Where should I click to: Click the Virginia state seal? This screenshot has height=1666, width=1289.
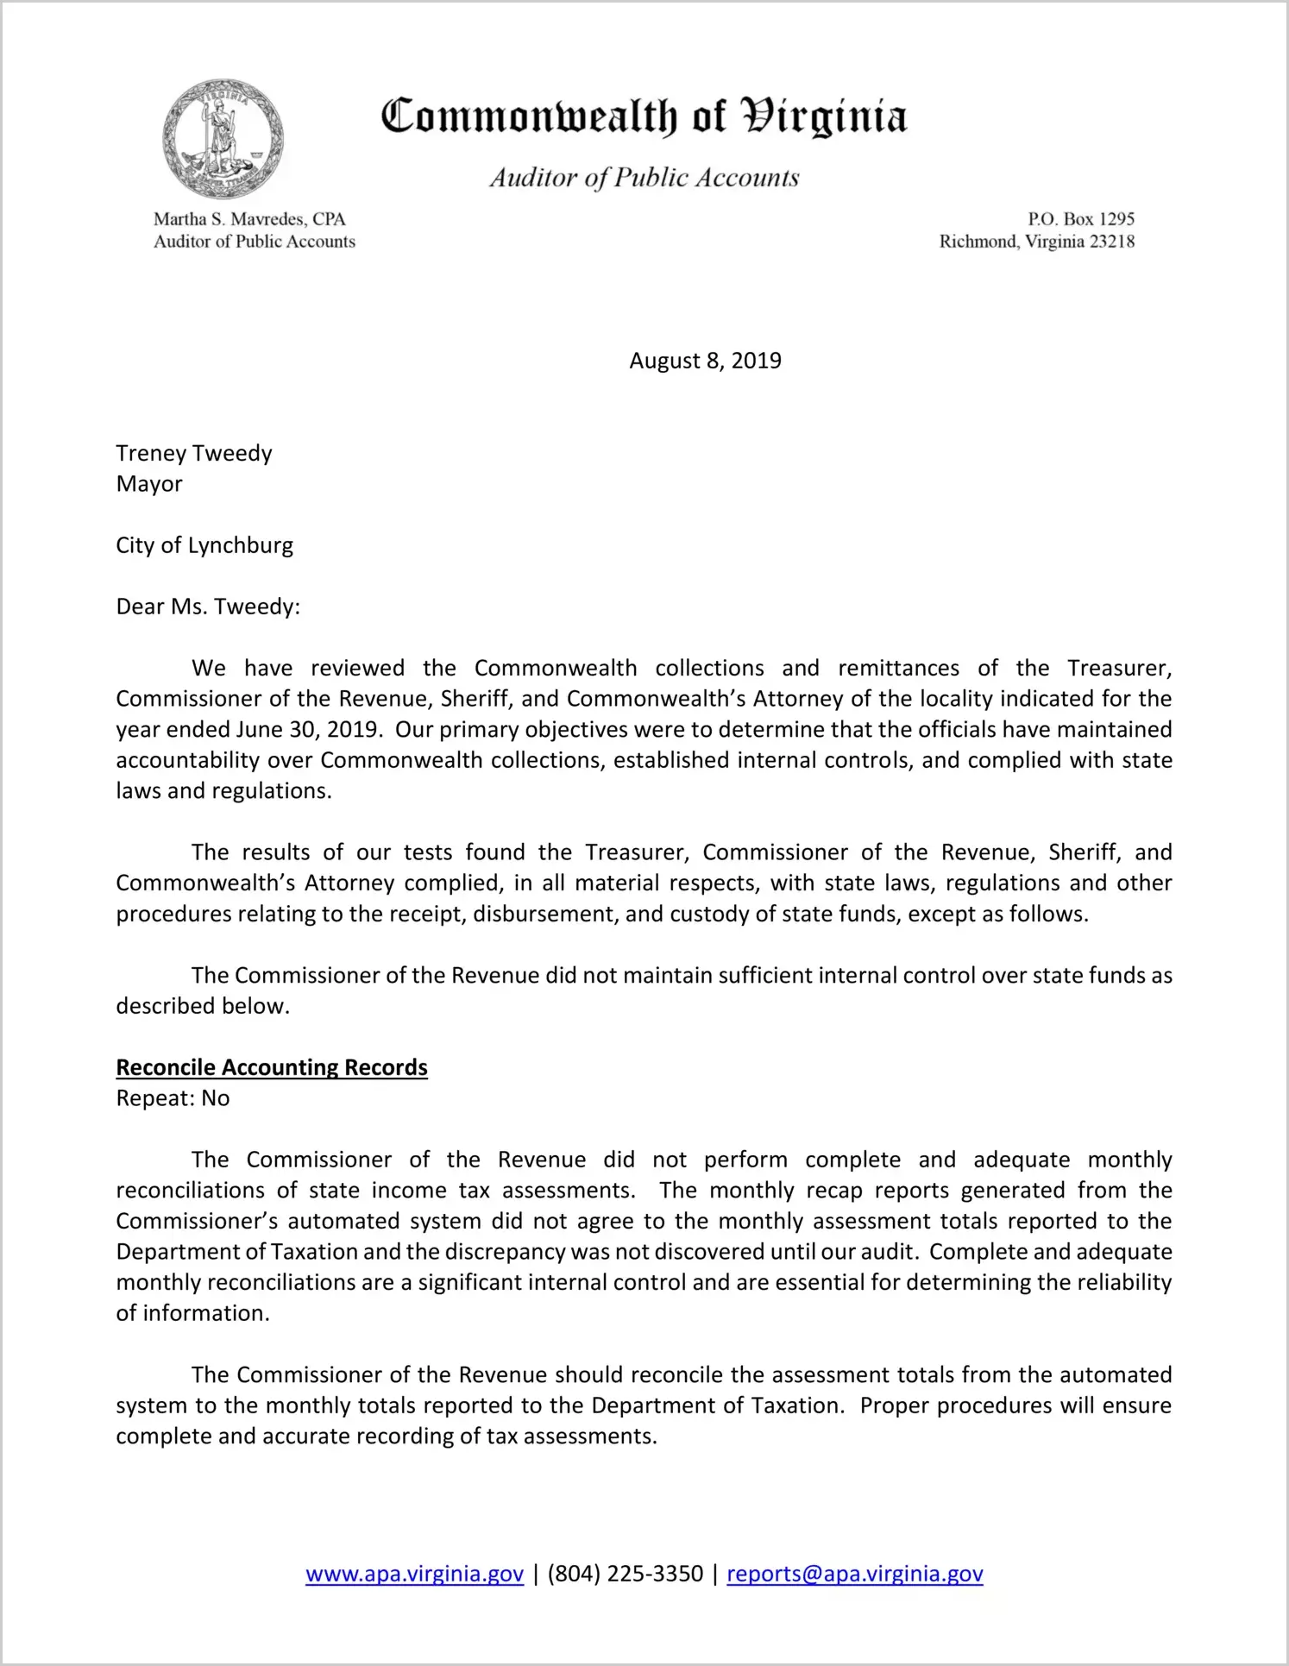[223, 139]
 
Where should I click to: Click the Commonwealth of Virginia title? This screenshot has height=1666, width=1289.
[644, 116]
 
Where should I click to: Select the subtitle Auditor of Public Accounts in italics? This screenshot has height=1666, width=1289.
[644, 178]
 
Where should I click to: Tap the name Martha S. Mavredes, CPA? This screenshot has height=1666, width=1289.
[249, 219]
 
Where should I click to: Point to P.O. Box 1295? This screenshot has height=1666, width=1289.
[1080, 219]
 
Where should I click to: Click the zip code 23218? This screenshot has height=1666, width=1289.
[1111, 242]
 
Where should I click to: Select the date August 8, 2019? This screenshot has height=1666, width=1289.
[705, 361]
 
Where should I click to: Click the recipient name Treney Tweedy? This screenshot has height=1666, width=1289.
[194, 453]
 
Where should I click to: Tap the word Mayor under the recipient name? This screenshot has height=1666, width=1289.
[149, 484]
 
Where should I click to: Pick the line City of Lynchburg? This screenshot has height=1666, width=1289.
[204, 545]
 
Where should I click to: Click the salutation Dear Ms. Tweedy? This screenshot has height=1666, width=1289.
[208, 607]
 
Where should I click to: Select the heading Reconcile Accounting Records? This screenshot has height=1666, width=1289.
[272, 1067]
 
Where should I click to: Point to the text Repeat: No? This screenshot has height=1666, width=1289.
[173, 1098]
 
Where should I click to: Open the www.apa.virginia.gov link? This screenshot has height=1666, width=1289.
[414, 1574]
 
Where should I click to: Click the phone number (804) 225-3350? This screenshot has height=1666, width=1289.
[625, 1574]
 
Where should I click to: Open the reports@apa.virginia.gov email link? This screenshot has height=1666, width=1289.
[854, 1574]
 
